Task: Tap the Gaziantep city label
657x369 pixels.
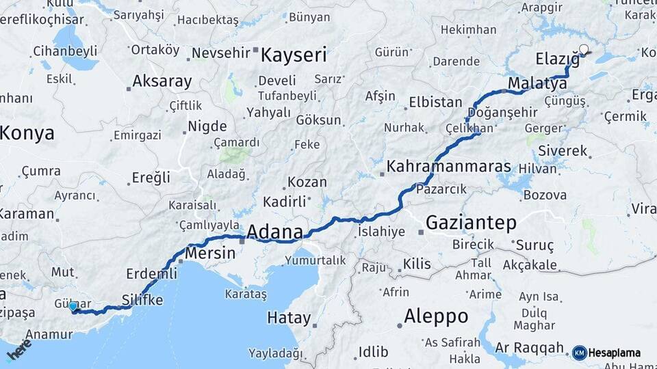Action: tap(471, 222)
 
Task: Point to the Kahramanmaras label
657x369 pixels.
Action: tap(448, 166)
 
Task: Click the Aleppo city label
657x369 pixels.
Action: tap(436, 316)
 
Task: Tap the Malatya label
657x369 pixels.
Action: tap(537, 83)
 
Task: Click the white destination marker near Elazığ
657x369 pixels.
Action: tap(584, 49)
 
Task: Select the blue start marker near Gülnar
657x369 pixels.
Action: tap(73, 307)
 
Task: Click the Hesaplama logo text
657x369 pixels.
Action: tap(614, 353)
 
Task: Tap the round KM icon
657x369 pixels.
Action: tap(579, 353)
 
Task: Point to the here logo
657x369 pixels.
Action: tap(18, 350)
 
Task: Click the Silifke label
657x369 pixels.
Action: tap(142, 300)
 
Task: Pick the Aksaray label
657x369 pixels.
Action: tap(162, 81)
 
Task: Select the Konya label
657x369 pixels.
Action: tap(26, 133)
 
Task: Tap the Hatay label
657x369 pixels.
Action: tap(288, 318)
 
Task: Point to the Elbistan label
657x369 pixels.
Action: tap(435, 102)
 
